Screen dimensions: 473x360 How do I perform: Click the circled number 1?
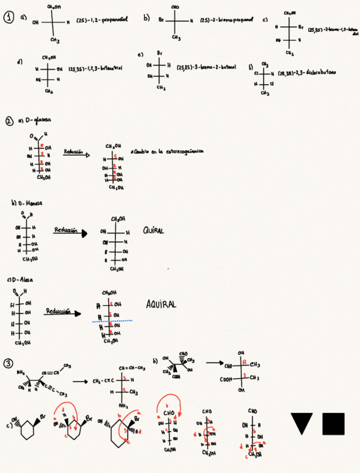point(9,18)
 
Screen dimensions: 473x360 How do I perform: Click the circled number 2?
point(9,120)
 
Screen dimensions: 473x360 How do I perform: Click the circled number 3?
point(8,364)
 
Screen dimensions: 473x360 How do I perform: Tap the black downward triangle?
point(301,423)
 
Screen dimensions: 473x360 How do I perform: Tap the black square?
point(333,423)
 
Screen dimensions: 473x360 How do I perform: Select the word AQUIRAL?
point(161,305)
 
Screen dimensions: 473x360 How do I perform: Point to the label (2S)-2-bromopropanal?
point(223,20)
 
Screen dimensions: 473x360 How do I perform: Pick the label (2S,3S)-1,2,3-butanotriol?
point(95,69)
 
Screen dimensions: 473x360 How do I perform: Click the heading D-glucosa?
point(31,120)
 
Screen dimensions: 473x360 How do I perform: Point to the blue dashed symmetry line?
point(112,321)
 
